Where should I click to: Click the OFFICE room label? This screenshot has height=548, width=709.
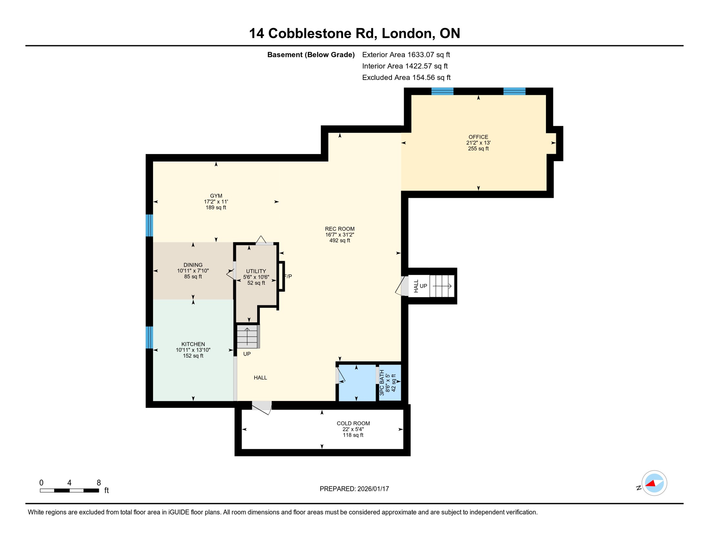pos(478,137)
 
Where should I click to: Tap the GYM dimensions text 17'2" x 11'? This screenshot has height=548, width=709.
pos(216,202)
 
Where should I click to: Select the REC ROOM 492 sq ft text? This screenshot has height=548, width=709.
pos(340,240)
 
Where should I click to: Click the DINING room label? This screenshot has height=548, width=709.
pos(193,265)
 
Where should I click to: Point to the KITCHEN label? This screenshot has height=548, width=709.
pos(193,344)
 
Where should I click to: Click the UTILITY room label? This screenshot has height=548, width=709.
pos(256,271)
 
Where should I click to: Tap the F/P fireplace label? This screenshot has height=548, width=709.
pos(288,276)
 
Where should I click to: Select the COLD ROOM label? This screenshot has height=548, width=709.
pos(353,423)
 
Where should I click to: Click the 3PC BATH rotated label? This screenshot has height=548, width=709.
pos(382,382)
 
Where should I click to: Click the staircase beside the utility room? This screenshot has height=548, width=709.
pos(247,336)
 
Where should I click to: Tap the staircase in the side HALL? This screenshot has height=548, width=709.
pos(442,286)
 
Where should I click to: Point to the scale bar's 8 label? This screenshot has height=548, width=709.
pos(99,483)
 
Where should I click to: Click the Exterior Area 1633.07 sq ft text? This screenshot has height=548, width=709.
pos(406,55)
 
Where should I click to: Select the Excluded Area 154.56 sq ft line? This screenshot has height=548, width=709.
pos(406,77)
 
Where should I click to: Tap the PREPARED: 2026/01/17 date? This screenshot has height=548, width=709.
pos(354,489)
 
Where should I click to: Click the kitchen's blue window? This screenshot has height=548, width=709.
pos(149,337)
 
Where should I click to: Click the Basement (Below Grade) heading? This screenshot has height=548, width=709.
pos(311,55)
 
